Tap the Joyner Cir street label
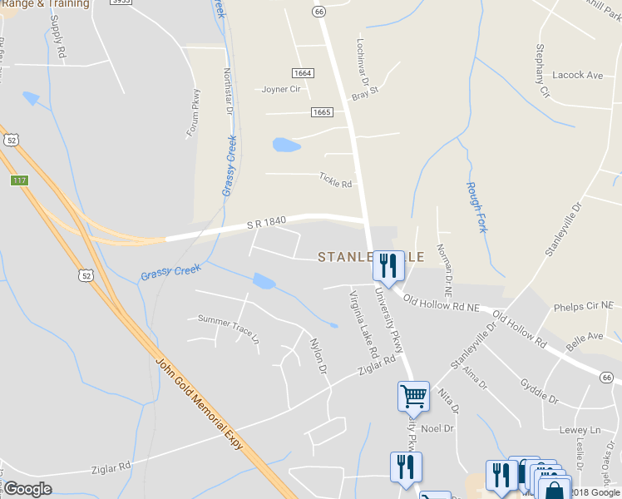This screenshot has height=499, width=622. (x=280, y=89)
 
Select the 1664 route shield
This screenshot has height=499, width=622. (x=303, y=73)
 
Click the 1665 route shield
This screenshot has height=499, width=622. (x=323, y=112)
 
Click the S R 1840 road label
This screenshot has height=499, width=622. (x=266, y=222)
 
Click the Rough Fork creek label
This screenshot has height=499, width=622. (x=476, y=207)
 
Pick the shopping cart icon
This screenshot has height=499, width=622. (x=413, y=396)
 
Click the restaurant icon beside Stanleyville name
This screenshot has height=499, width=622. (x=388, y=266)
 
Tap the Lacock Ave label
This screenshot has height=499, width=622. (x=577, y=75)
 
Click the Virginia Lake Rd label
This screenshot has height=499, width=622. (x=364, y=325)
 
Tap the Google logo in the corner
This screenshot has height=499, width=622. (x=27, y=489)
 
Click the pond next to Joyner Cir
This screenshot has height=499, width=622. (x=286, y=146)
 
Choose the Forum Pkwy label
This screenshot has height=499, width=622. (x=194, y=112)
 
